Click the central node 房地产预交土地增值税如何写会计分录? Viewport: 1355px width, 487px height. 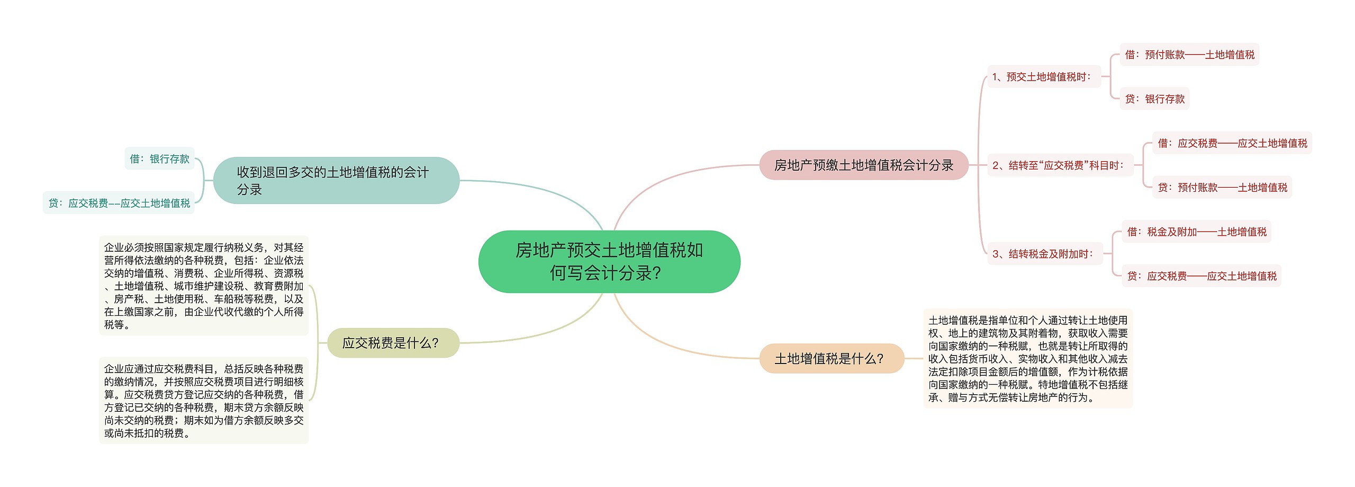(609, 261)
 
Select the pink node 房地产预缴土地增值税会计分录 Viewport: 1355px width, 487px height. (863, 165)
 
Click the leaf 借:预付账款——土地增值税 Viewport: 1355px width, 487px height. (1189, 55)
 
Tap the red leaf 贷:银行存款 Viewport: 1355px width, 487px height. (1154, 99)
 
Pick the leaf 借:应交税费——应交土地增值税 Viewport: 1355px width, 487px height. (1232, 143)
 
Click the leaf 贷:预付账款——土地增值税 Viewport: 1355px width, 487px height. (1222, 188)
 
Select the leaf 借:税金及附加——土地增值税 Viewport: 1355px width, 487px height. (1196, 232)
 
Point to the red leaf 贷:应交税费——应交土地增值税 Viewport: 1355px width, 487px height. (1201, 276)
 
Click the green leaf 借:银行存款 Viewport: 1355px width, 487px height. (159, 159)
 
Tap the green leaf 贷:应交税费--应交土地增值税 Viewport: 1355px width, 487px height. (119, 203)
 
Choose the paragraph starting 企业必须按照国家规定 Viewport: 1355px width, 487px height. (204, 286)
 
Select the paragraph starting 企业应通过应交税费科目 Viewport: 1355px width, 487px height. (204, 401)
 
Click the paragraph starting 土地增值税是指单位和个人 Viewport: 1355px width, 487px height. (1027, 359)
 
